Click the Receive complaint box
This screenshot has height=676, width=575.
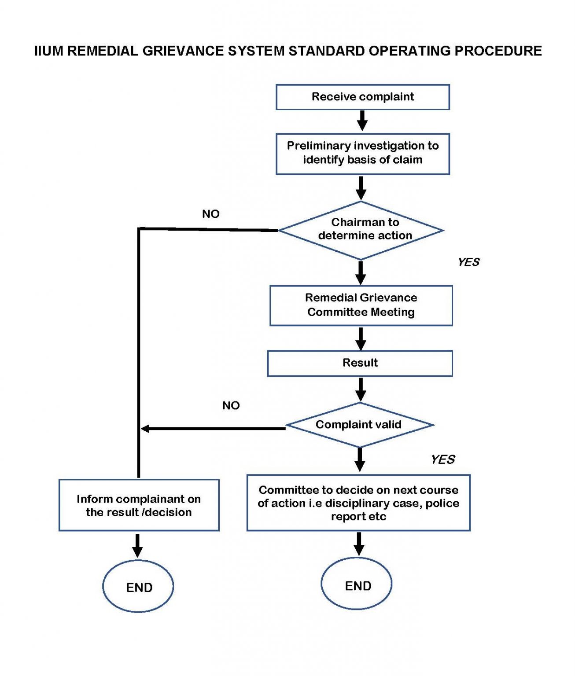coord(362,97)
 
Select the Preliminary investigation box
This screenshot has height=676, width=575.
coord(362,154)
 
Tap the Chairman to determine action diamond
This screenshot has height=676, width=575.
coord(361,230)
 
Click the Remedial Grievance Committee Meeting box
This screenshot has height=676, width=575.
coord(361,305)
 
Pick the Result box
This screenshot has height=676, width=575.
coord(360,363)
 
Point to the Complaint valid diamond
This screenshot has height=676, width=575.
coord(359,425)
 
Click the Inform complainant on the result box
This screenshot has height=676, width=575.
coord(139,505)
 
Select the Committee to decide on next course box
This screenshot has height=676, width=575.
coord(358,503)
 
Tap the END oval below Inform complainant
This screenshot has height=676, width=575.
coord(138,587)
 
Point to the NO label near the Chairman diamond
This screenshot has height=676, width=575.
coord(210,214)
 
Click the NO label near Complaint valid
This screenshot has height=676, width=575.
coord(231,405)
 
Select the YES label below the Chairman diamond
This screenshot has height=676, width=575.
coord(468,262)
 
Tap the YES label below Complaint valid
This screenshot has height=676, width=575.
coord(443,459)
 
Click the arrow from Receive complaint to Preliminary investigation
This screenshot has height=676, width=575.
coord(362,121)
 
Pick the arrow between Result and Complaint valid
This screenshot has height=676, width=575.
coord(360,389)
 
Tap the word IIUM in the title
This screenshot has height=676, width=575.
coord(49,51)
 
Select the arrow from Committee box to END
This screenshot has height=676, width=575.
coord(359,544)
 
